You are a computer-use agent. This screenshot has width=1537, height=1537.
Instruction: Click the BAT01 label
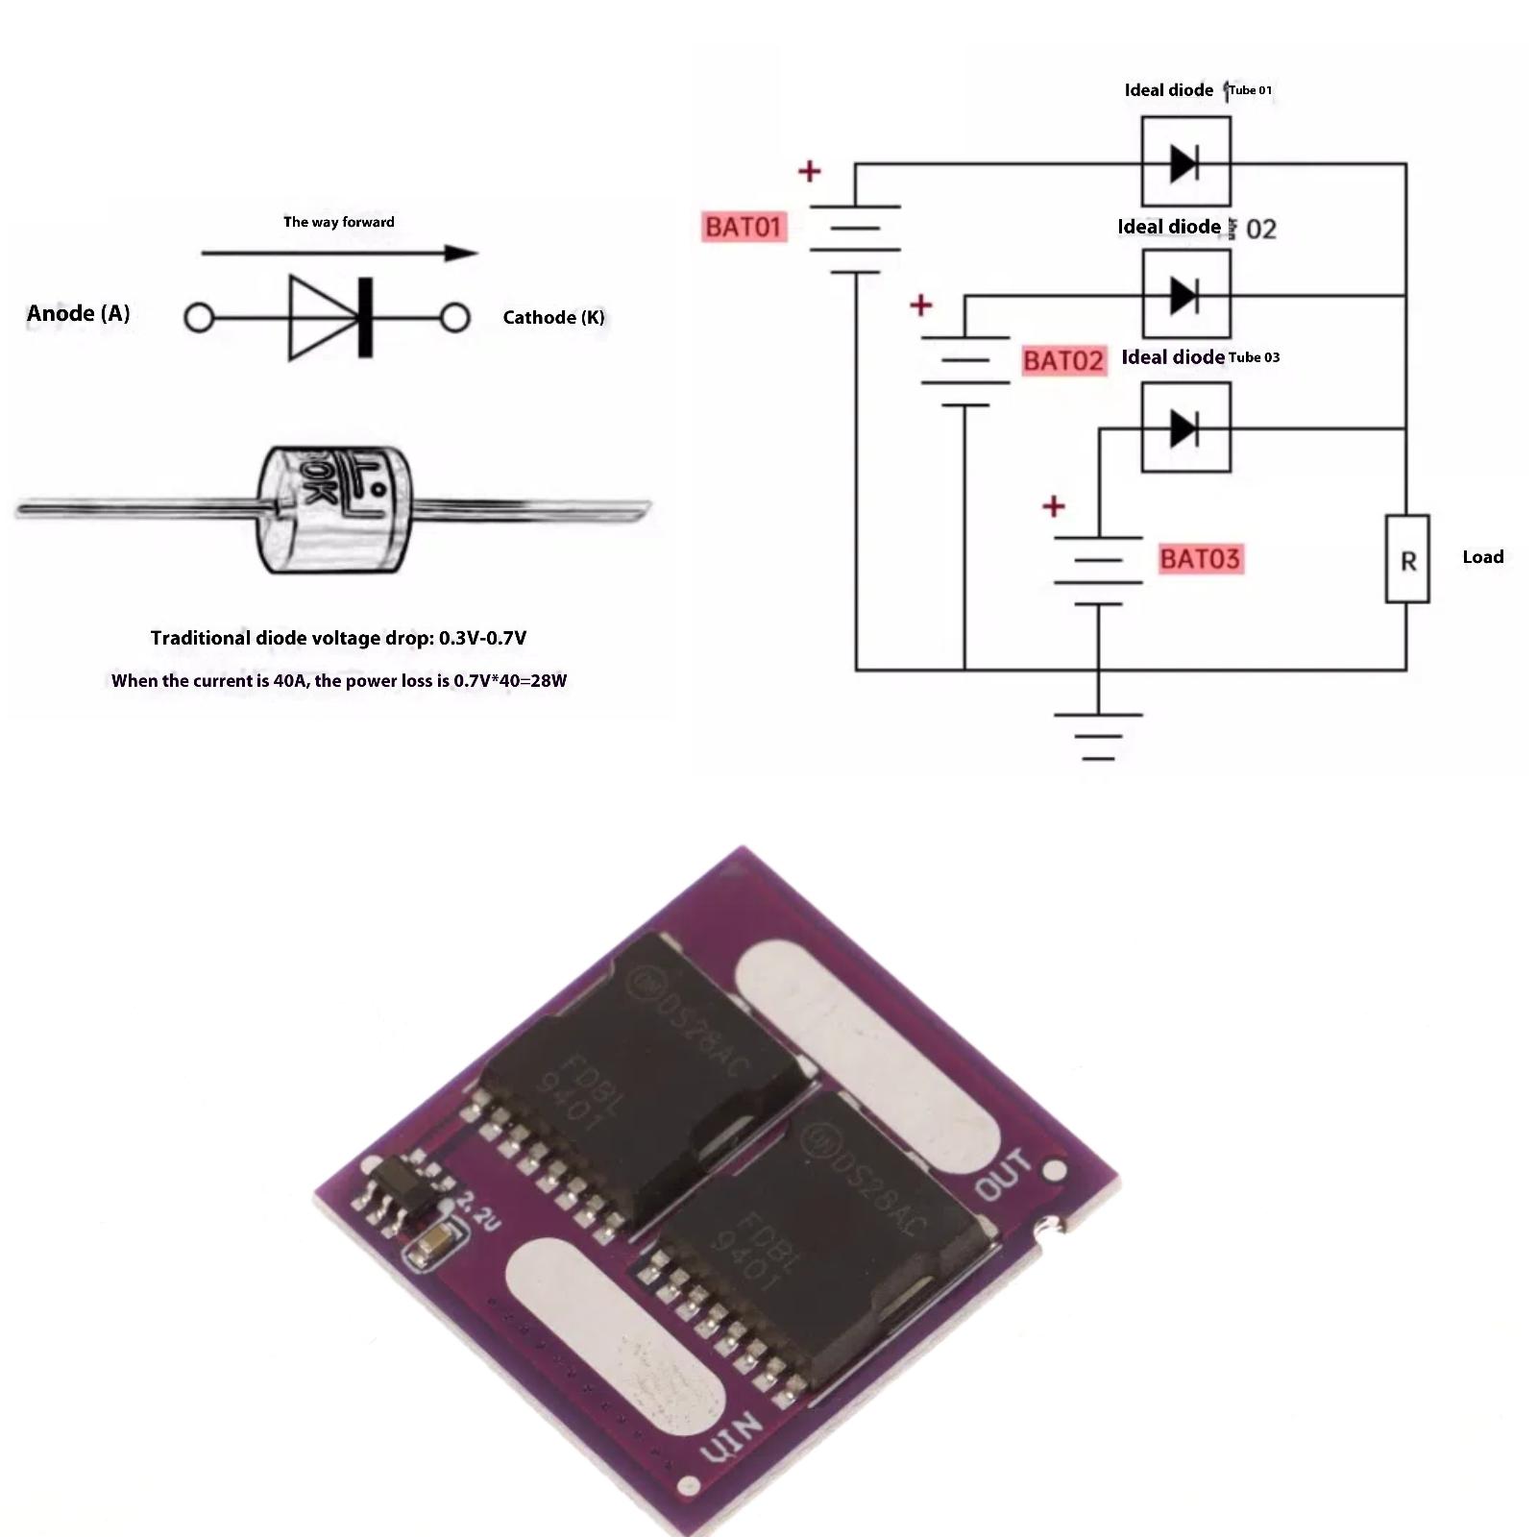744,227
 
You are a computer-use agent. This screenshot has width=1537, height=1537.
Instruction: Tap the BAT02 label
1063,360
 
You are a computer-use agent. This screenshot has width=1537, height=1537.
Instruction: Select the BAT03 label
1200,558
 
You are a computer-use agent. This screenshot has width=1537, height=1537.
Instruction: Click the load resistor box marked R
1407,559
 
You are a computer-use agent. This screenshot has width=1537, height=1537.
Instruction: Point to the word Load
1482,557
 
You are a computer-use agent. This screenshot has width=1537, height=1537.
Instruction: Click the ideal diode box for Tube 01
1185,161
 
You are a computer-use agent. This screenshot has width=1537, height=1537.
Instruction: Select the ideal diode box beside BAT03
1185,427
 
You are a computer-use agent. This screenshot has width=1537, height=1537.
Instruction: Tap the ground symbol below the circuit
1098,736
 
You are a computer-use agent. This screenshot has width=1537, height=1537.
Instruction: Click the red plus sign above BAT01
810,171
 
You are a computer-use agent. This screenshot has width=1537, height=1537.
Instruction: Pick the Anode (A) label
78,313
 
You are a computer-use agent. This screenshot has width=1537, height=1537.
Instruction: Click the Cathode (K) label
553,317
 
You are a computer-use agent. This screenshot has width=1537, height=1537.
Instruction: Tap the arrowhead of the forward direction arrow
461,254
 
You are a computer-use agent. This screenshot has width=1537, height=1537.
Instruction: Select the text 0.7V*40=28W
510,681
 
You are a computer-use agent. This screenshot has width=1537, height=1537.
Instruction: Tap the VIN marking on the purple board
732,1438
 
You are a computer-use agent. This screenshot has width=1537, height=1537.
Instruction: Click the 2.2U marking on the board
477,1210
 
